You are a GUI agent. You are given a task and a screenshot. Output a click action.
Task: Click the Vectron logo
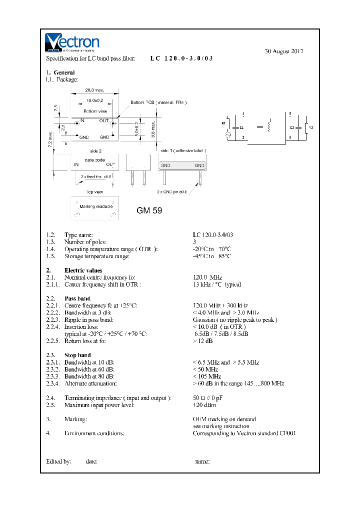tap(72, 43)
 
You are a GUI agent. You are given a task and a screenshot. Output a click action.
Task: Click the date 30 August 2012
tap(283, 51)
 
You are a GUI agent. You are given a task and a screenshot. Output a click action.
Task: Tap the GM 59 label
tap(149, 210)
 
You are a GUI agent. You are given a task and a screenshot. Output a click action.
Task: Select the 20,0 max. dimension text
tap(94, 90)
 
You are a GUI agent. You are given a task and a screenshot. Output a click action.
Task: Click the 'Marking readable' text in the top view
tap(96, 206)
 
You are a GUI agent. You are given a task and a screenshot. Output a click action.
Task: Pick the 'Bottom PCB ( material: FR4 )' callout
tap(158, 102)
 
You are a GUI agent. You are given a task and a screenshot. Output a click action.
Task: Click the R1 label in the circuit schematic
tap(223, 122)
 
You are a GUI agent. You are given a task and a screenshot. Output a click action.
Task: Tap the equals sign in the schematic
tap(259, 127)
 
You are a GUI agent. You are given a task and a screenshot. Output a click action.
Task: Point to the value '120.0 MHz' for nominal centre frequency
tap(207, 277)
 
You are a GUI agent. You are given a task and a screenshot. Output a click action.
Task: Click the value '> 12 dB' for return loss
tap(202, 341)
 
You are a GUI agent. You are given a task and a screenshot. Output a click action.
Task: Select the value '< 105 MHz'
tap(207, 376)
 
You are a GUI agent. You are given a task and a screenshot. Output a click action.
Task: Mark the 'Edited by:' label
tap(58, 461)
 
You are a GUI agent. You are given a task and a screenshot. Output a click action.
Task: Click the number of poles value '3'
tap(194, 242)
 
